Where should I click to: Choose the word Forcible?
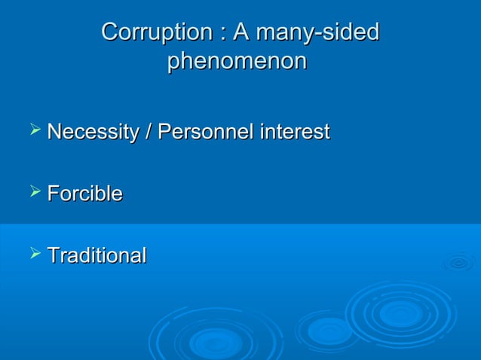click(x=84, y=194)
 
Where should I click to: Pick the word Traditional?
click(x=97, y=256)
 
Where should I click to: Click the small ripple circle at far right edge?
click(x=458, y=263)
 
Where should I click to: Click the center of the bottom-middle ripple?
click(x=216, y=343)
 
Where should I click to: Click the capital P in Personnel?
click(x=163, y=133)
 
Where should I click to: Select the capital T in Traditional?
click(x=53, y=256)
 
